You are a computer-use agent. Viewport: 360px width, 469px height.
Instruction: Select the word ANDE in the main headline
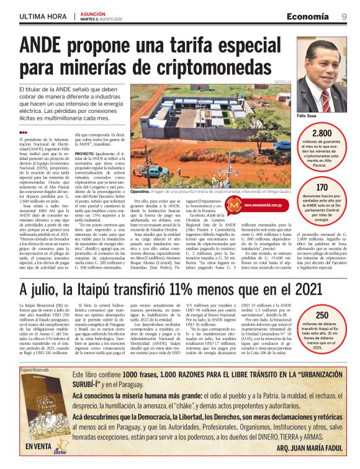45,47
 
